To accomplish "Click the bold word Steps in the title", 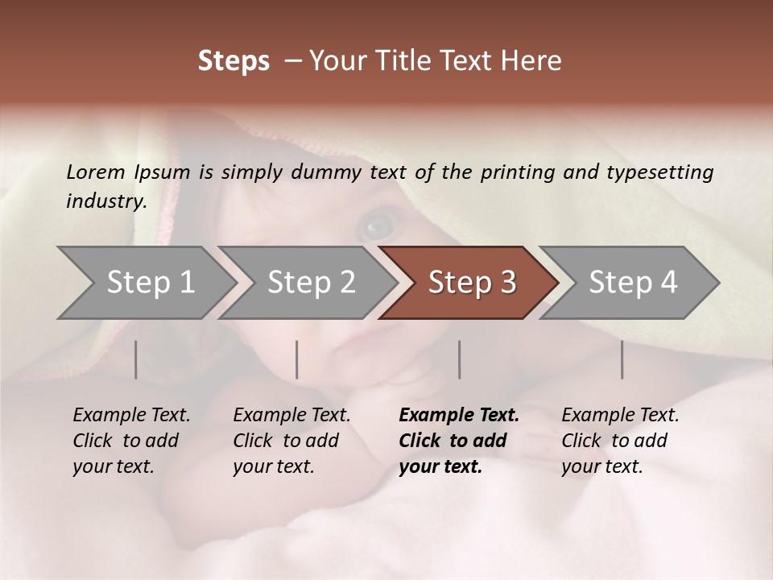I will click(234, 62).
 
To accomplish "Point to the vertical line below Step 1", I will click(136, 359).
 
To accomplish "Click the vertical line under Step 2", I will click(297, 359).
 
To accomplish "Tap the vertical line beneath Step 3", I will click(459, 359).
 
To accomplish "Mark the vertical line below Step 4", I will click(622, 359).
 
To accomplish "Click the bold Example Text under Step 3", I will click(459, 441).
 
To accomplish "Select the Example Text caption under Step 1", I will click(131, 441).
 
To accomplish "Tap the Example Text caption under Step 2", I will click(291, 441).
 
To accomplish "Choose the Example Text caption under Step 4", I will click(620, 441).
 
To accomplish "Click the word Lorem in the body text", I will click(96, 172).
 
